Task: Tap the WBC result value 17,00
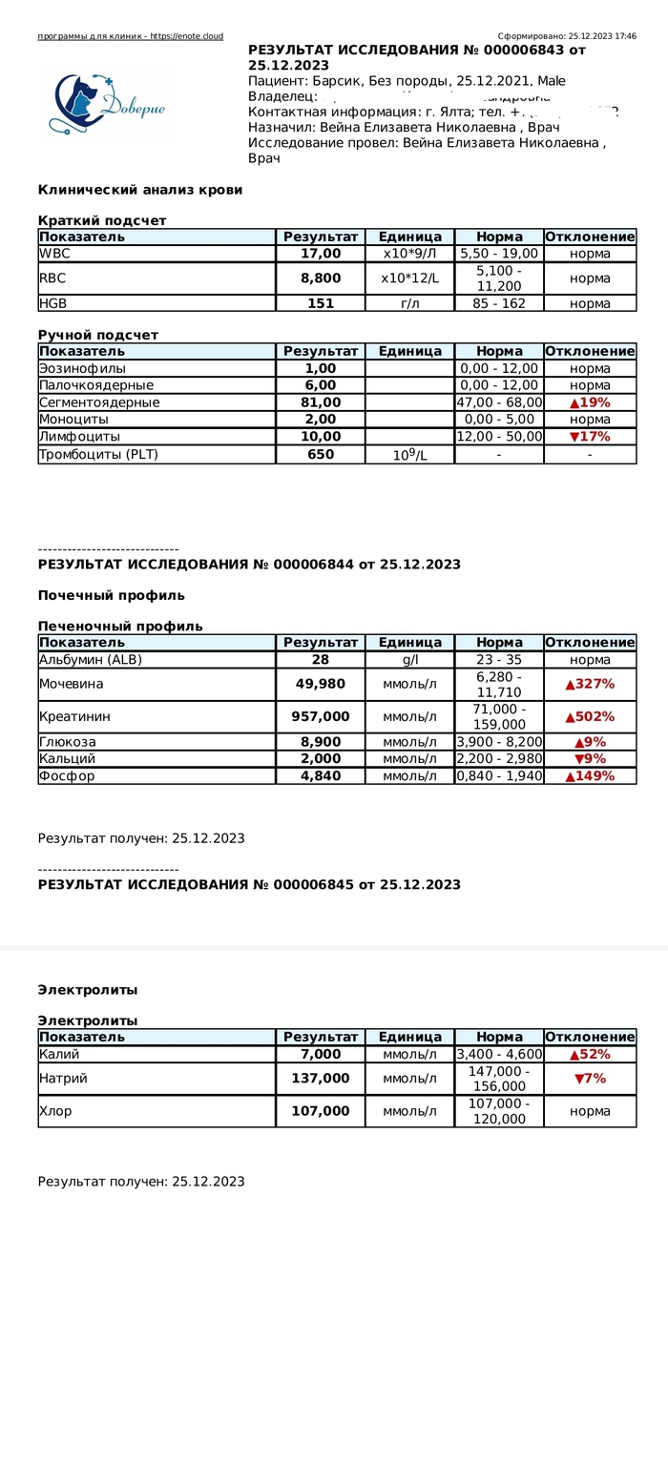(x=321, y=254)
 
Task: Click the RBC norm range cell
(x=499, y=278)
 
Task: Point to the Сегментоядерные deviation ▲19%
(x=590, y=402)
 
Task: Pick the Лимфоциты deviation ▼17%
(x=590, y=437)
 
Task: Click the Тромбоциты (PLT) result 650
(x=321, y=455)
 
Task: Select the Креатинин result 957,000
(x=321, y=716)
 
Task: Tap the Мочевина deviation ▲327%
(x=590, y=684)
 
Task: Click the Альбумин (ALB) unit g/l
(x=409, y=660)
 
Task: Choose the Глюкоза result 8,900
(x=321, y=742)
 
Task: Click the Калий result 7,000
(x=321, y=1054)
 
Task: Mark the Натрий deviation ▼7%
(x=590, y=1079)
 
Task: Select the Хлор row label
(x=55, y=1111)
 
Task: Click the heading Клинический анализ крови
(x=140, y=190)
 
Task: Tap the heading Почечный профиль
(x=112, y=595)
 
